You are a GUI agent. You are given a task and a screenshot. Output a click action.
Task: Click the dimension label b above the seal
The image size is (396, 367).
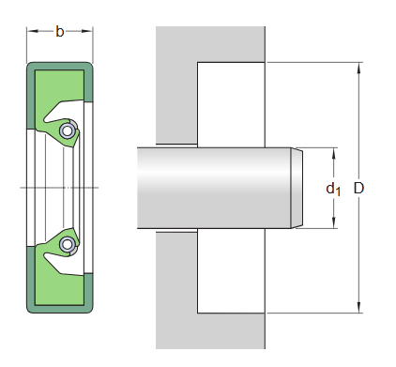(60, 32)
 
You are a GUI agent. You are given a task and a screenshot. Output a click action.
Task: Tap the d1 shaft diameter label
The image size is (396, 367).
(333, 189)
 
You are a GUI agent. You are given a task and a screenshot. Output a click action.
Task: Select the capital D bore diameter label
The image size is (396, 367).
(358, 189)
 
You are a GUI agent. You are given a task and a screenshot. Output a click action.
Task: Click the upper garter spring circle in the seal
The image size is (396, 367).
(67, 131)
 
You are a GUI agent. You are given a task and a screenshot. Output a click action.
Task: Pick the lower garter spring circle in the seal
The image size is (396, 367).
(67, 245)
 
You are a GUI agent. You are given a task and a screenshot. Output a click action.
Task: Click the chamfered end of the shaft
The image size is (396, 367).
(297, 188)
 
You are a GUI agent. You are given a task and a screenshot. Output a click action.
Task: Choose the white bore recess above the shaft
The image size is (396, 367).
(231, 103)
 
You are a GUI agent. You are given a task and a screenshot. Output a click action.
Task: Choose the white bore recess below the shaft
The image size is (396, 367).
(231, 272)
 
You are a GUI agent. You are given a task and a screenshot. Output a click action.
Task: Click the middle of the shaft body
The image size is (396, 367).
(216, 188)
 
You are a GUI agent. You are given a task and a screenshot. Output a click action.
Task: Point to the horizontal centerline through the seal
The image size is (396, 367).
(47, 189)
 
